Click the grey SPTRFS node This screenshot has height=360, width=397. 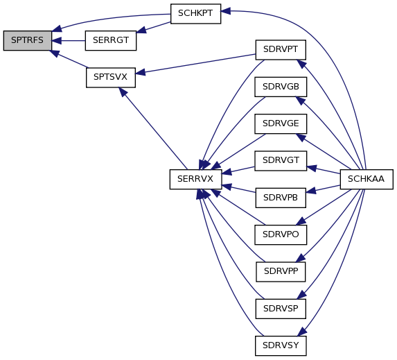27,40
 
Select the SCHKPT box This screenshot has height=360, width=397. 195,14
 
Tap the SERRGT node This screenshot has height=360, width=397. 111,40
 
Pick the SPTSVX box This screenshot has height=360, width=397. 111,77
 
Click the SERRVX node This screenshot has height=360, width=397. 195,179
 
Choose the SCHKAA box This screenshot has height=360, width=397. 367,179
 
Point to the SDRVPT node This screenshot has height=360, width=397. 281,50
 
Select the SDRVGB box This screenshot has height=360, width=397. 281,87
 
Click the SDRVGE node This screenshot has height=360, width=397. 281,123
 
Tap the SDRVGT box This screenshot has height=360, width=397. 281,161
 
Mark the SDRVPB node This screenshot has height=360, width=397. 281,198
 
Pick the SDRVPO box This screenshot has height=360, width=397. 281,234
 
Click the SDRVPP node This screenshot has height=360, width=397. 281,272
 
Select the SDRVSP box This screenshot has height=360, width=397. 281,309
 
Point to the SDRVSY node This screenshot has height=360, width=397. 281,346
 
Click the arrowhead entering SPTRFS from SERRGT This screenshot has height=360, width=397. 56,40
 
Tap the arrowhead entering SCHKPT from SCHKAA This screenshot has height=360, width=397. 226,11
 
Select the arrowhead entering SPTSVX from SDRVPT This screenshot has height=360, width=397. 140,73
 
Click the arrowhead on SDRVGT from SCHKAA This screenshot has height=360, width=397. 311,168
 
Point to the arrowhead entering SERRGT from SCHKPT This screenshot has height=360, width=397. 141,30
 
